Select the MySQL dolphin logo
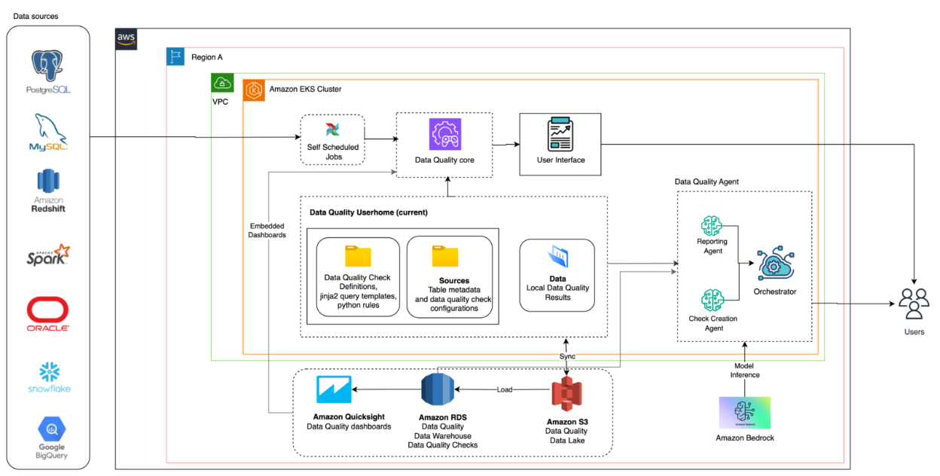[x=48, y=130]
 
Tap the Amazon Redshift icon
[x=48, y=182]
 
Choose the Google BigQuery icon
[x=49, y=430]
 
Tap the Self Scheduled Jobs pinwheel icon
[x=332, y=130]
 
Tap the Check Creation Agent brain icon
[x=712, y=300]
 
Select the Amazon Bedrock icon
[x=744, y=413]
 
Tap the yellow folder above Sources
[x=445, y=256]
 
